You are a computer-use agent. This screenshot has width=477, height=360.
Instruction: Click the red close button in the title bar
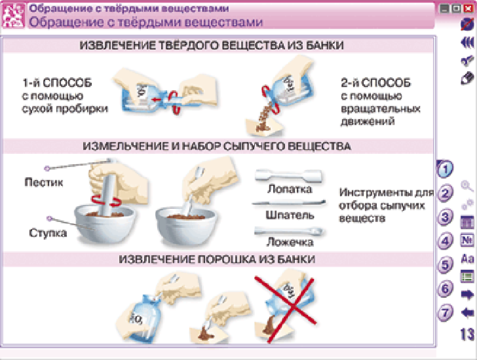click(468, 9)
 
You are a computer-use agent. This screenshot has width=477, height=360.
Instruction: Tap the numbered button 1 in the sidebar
click(445, 169)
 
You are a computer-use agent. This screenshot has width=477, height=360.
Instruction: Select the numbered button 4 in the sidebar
click(445, 241)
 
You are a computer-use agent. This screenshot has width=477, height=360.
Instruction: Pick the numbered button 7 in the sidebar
click(445, 313)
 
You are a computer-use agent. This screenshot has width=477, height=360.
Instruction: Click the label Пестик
click(44, 182)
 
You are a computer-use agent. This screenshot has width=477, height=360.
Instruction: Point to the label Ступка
click(48, 233)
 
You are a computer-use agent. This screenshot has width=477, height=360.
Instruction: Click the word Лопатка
click(290, 189)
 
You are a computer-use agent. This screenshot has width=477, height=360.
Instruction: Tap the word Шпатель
click(290, 215)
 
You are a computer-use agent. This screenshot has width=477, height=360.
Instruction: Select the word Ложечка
click(290, 242)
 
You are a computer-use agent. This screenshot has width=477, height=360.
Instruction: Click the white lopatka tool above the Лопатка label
click(288, 175)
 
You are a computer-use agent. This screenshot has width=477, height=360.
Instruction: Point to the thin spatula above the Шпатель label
click(288, 203)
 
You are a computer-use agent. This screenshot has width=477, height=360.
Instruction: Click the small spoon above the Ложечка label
click(289, 232)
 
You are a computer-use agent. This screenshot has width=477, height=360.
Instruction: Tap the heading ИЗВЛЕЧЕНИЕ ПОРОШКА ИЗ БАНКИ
click(217, 259)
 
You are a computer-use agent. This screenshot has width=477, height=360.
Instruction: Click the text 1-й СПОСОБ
click(57, 82)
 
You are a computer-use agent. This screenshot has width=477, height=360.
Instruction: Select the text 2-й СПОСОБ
click(375, 82)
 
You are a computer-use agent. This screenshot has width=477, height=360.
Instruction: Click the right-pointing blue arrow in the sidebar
click(468, 295)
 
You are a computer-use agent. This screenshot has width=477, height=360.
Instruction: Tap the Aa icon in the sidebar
click(468, 259)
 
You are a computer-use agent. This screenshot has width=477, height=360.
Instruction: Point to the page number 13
click(467, 334)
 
